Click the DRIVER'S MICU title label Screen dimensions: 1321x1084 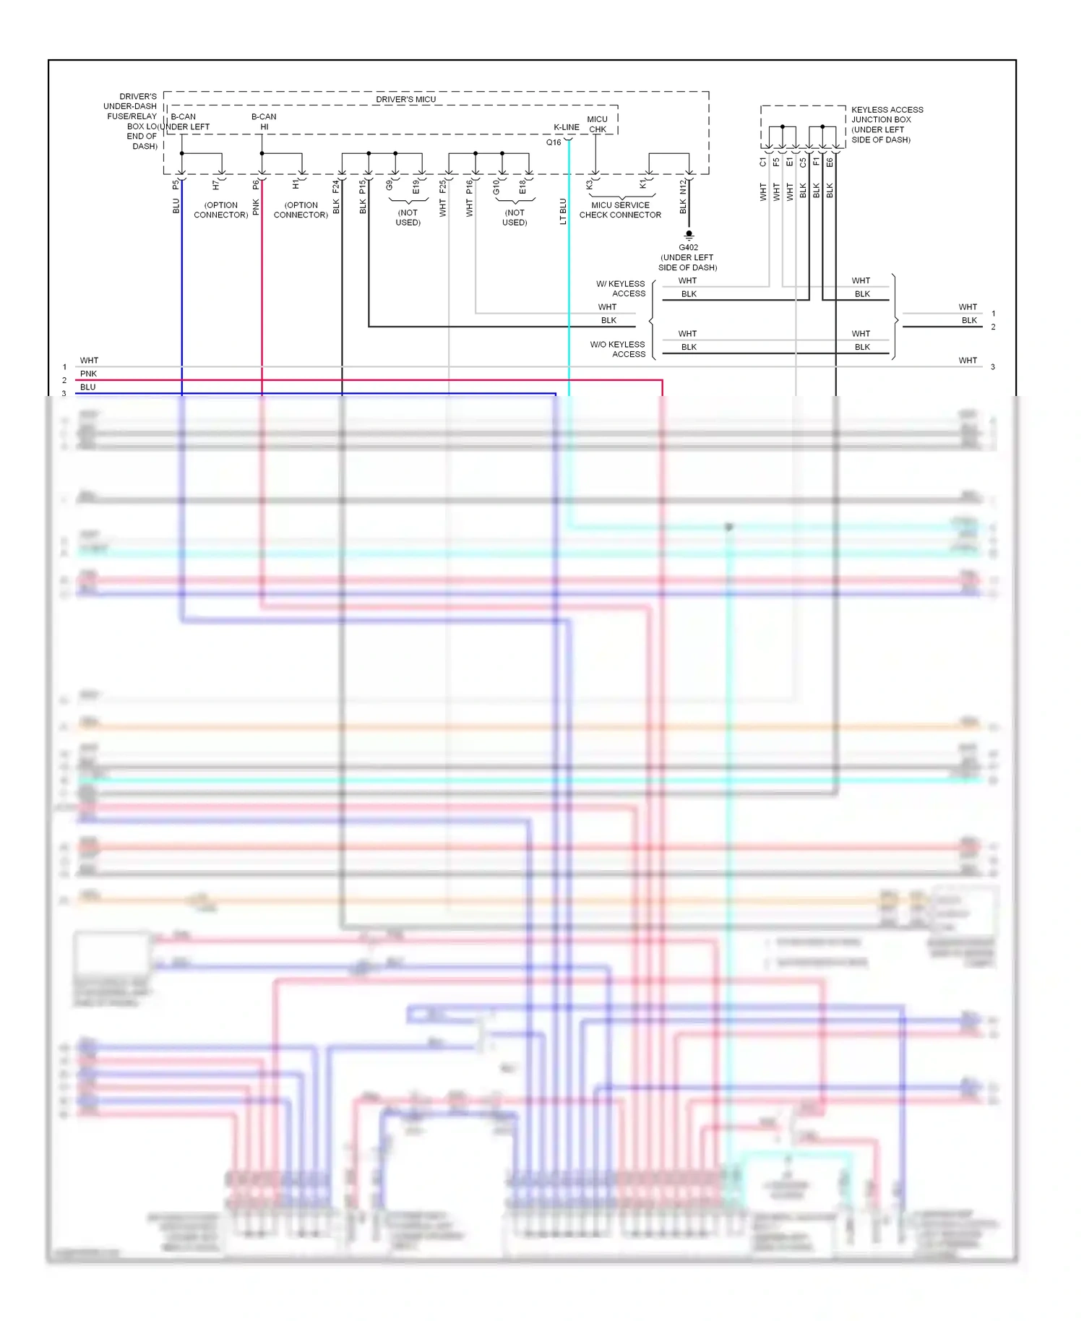click(x=405, y=99)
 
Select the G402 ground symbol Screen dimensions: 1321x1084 click(x=689, y=234)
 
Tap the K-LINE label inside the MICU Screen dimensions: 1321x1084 click(x=567, y=127)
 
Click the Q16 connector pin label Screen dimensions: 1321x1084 click(x=554, y=142)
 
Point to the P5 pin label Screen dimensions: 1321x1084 click(x=176, y=186)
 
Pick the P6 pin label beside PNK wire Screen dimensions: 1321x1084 click(x=256, y=186)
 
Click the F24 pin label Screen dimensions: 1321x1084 click(x=336, y=186)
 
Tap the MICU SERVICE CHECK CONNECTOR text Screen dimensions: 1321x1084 click(x=620, y=210)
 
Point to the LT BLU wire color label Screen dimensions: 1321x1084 click(x=563, y=212)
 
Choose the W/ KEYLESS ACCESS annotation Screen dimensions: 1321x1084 click(x=621, y=288)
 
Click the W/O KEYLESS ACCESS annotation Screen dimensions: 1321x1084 click(x=618, y=349)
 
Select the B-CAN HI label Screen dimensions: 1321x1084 click(x=264, y=121)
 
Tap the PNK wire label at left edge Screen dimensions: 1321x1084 click(x=88, y=374)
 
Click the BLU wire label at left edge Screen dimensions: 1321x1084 click(x=87, y=387)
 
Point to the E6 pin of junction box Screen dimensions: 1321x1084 click(x=830, y=163)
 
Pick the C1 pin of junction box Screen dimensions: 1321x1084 click(x=762, y=163)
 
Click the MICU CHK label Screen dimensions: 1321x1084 click(x=598, y=124)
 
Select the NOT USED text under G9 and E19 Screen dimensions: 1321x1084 click(x=408, y=218)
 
